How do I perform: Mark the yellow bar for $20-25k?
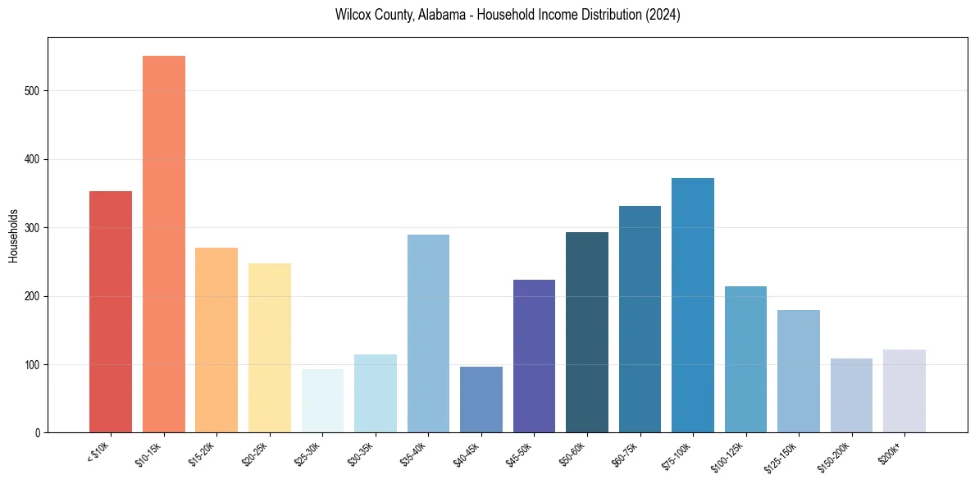[270, 348]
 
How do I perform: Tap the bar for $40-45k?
[481, 400]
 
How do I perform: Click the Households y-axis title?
[13, 235]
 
